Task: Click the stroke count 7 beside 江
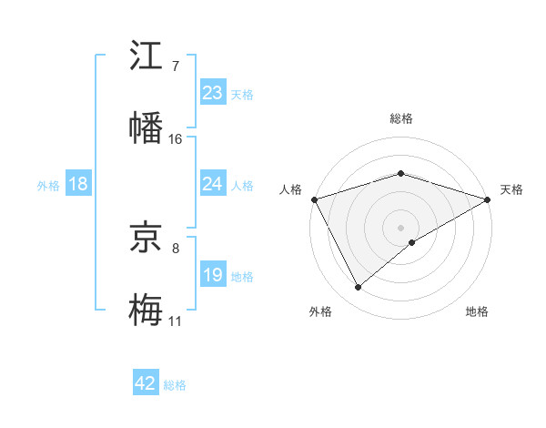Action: [175, 66]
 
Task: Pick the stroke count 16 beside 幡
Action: [176, 138]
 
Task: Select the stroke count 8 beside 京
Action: [175, 248]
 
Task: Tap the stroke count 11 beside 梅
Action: [176, 321]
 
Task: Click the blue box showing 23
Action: [212, 93]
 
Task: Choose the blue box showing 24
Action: [212, 184]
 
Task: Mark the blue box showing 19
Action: [212, 275]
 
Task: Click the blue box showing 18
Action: [78, 184]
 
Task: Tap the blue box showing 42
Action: [146, 383]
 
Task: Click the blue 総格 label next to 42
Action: [175, 385]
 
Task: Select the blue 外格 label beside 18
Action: [48, 185]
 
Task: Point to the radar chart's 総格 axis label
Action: [400, 118]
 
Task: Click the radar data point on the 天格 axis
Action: [488, 199]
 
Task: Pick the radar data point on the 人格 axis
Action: [314, 199]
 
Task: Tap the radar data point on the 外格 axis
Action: [358, 287]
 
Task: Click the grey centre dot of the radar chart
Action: [400, 227]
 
